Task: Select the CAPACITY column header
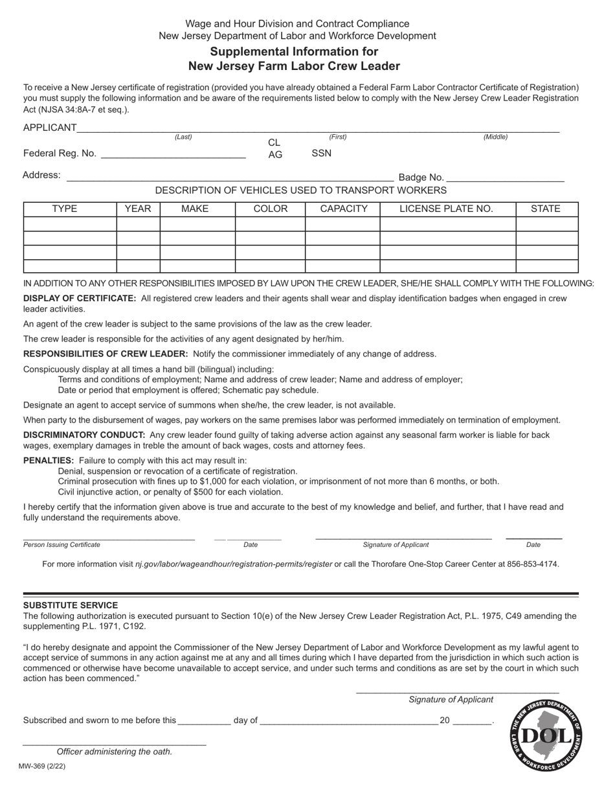coord(343,209)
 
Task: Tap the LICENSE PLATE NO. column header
coord(447,209)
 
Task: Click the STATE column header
coord(545,209)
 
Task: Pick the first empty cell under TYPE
coord(70,224)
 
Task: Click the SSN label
coord(321,154)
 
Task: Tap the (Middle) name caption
coord(495,137)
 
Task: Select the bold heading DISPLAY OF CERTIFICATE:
coord(80,299)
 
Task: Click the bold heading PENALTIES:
coord(49,460)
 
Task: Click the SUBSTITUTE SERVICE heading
coord(71,605)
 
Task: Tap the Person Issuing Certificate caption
coord(62,545)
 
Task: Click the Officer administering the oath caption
coord(115,752)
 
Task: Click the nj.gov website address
coord(234,564)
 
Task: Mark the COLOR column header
coord(270,209)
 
